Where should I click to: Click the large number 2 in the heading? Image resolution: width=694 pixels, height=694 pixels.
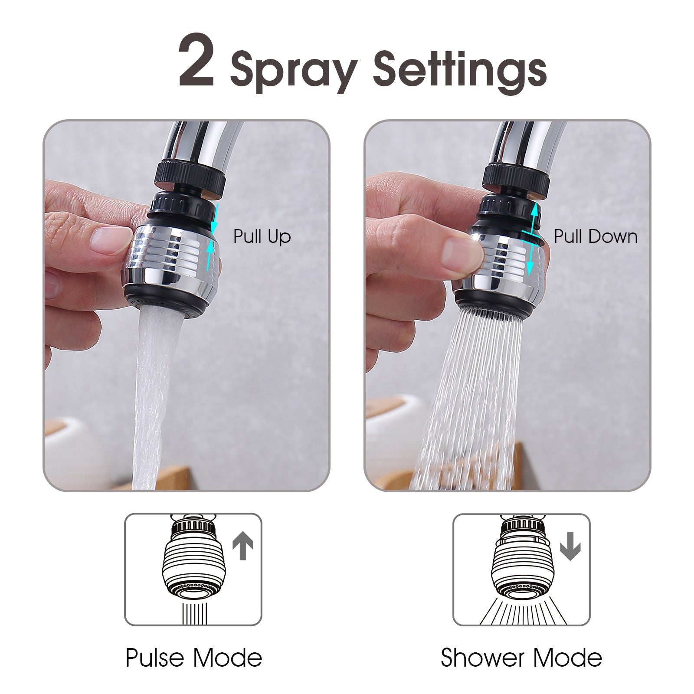[196, 60]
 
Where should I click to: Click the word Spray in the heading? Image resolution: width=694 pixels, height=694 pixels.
[294, 69]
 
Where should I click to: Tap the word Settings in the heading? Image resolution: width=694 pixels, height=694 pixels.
[460, 69]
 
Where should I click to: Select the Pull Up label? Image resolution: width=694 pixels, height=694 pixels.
[262, 237]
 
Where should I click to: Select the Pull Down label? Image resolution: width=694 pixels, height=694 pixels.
[596, 237]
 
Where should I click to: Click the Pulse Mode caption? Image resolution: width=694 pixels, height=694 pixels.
[194, 658]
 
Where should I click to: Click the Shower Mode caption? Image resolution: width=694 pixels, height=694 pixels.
[521, 658]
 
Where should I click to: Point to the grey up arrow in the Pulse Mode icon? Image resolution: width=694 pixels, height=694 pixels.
[243, 547]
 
